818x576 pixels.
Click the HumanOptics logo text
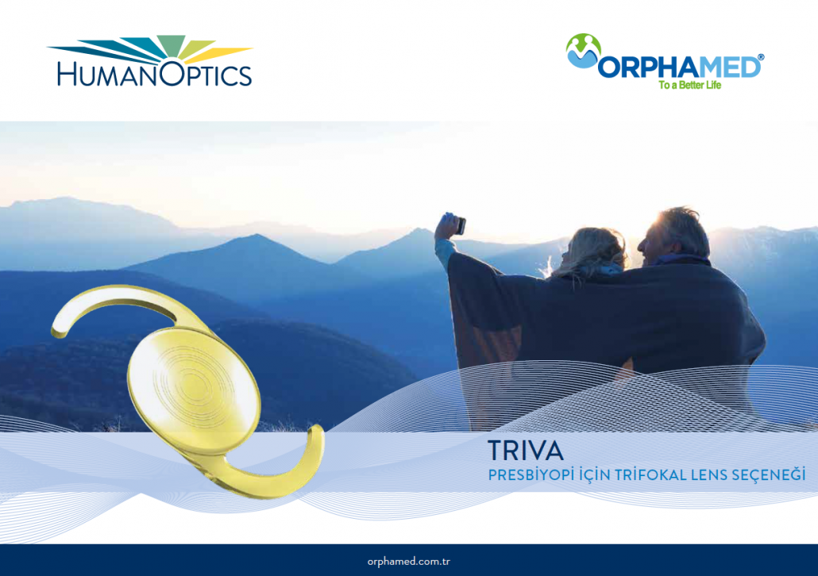tap(155, 74)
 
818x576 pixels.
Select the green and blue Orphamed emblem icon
tap(583, 51)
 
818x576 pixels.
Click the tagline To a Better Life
tap(689, 85)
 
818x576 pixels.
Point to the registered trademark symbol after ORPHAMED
tap(761, 57)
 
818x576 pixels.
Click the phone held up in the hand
tap(461, 225)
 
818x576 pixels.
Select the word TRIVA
tap(526, 451)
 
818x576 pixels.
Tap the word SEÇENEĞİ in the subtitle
tap(769, 475)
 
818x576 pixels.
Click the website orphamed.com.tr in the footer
tap(408, 562)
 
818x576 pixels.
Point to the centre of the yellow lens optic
tap(194, 389)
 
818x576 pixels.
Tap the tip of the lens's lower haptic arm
tap(316, 429)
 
